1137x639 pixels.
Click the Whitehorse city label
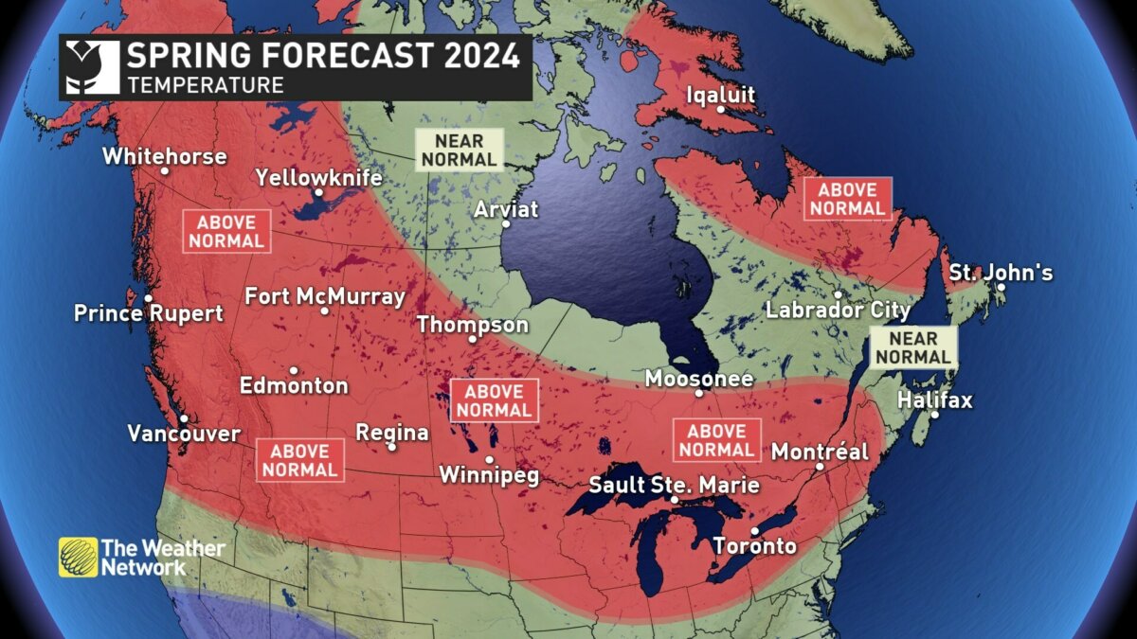[x=165, y=156]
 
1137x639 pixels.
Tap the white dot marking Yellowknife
[x=318, y=192]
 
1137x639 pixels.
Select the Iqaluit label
[x=720, y=95]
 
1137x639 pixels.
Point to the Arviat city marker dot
[x=506, y=224]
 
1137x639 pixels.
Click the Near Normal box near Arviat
[x=460, y=150]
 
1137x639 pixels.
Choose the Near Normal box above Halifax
[x=913, y=347]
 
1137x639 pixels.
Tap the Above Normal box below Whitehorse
[x=226, y=231]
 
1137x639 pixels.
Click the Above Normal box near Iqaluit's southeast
[x=848, y=199]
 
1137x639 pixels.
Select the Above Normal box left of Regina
[x=300, y=460]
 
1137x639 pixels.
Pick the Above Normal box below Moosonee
[x=716, y=440]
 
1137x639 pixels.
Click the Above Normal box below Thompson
[x=494, y=400]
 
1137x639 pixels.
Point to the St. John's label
[x=1001, y=274]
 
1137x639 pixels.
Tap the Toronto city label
[x=754, y=546]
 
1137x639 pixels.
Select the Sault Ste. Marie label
[x=674, y=485]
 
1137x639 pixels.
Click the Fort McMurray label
[x=324, y=296]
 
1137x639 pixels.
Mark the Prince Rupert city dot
[x=148, y=298]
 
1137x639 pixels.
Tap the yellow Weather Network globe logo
[x=78, y=557]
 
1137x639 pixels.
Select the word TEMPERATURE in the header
[x=206, y=85]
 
